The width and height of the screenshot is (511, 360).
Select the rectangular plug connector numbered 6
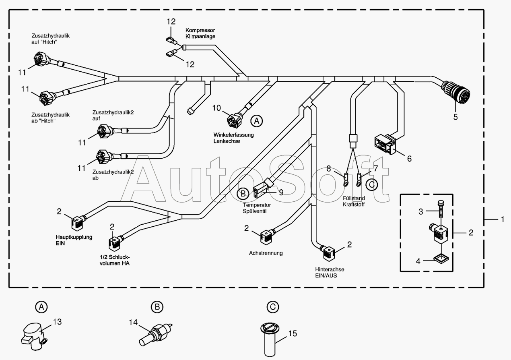tap(385, 144)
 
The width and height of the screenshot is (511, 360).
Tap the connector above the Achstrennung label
tap(267, 236)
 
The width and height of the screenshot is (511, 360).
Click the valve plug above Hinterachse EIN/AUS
tap(328, 252)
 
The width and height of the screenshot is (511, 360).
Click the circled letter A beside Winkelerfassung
tap(257, 121)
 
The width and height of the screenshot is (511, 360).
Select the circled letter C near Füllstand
tap(372, 184)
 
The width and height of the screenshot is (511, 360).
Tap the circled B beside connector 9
tap(243, 194)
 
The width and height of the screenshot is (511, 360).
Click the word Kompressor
tap(200, 30)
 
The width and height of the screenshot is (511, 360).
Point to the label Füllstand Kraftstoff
tap(354, 201)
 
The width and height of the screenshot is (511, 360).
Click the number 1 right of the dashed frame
tap(503, 219)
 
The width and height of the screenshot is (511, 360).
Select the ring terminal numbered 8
tap(346, 180)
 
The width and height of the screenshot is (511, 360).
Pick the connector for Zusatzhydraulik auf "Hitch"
tap(41, 59)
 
